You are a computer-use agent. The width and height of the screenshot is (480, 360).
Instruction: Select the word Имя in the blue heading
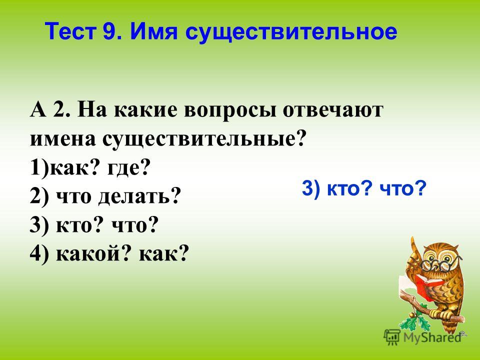153,31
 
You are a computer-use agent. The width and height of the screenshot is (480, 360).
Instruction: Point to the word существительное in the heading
291,31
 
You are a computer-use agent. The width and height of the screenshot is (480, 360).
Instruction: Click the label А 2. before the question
51,109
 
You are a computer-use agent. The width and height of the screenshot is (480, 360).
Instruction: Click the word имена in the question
63,139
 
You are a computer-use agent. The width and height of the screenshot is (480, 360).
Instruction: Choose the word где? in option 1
129,168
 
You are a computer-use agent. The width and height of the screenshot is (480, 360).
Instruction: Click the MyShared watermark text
432,337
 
